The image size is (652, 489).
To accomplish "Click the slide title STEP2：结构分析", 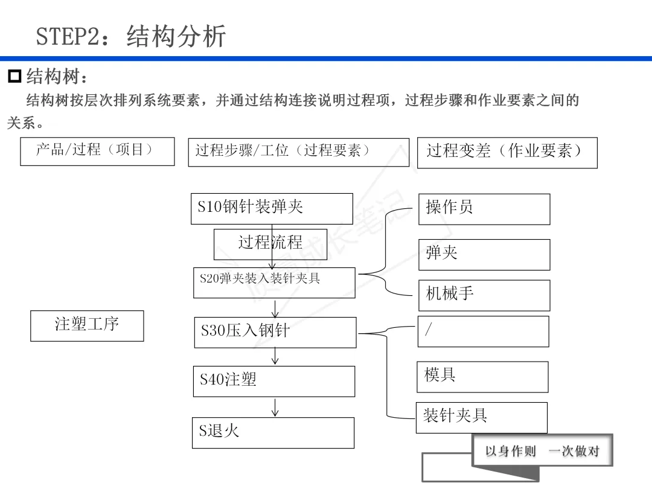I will pos(131,36).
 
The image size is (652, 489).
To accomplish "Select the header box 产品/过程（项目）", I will pos(97,151).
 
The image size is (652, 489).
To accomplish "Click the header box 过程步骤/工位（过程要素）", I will pos(298,152).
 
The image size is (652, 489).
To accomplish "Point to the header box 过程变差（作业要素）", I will pos(507,153).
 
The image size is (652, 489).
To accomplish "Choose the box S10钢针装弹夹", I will pos(272,208).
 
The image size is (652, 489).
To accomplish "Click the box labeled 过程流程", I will pos(270,244).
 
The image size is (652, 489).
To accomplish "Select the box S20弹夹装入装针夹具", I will pos(274,283).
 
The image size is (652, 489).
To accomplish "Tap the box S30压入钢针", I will pos(275,332).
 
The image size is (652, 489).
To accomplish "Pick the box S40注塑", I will pos(273,381).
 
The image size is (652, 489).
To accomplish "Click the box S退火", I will pos(273,432).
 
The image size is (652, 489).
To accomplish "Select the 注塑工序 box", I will pos(87,325).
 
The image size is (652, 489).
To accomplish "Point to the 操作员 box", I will pos(484,209).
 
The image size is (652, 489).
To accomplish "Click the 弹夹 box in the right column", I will pos(484,254).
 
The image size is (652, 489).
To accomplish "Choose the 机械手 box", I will pos(484,295).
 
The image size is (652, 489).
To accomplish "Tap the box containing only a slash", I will pos(483,331).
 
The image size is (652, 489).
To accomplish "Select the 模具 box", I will pos(482,377).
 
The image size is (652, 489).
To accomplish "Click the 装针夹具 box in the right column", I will pos(481,417).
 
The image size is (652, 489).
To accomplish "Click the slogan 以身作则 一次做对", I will pos(542,451).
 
